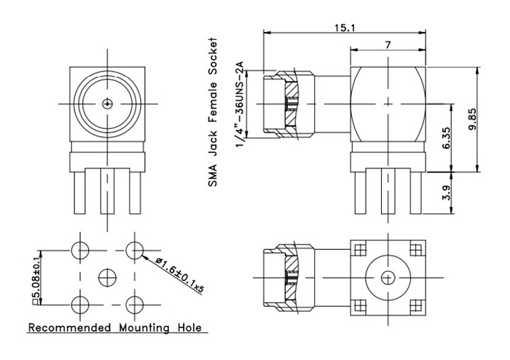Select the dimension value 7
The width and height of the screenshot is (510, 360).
coord(388,44)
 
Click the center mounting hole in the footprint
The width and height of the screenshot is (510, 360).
coord(107,276)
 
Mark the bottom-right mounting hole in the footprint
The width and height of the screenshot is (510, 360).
coord(134,303)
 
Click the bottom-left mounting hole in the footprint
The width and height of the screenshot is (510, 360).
coord(80,303)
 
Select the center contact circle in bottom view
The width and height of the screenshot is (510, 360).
coord(387,277)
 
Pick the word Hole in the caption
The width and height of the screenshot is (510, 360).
coord(187,328)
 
